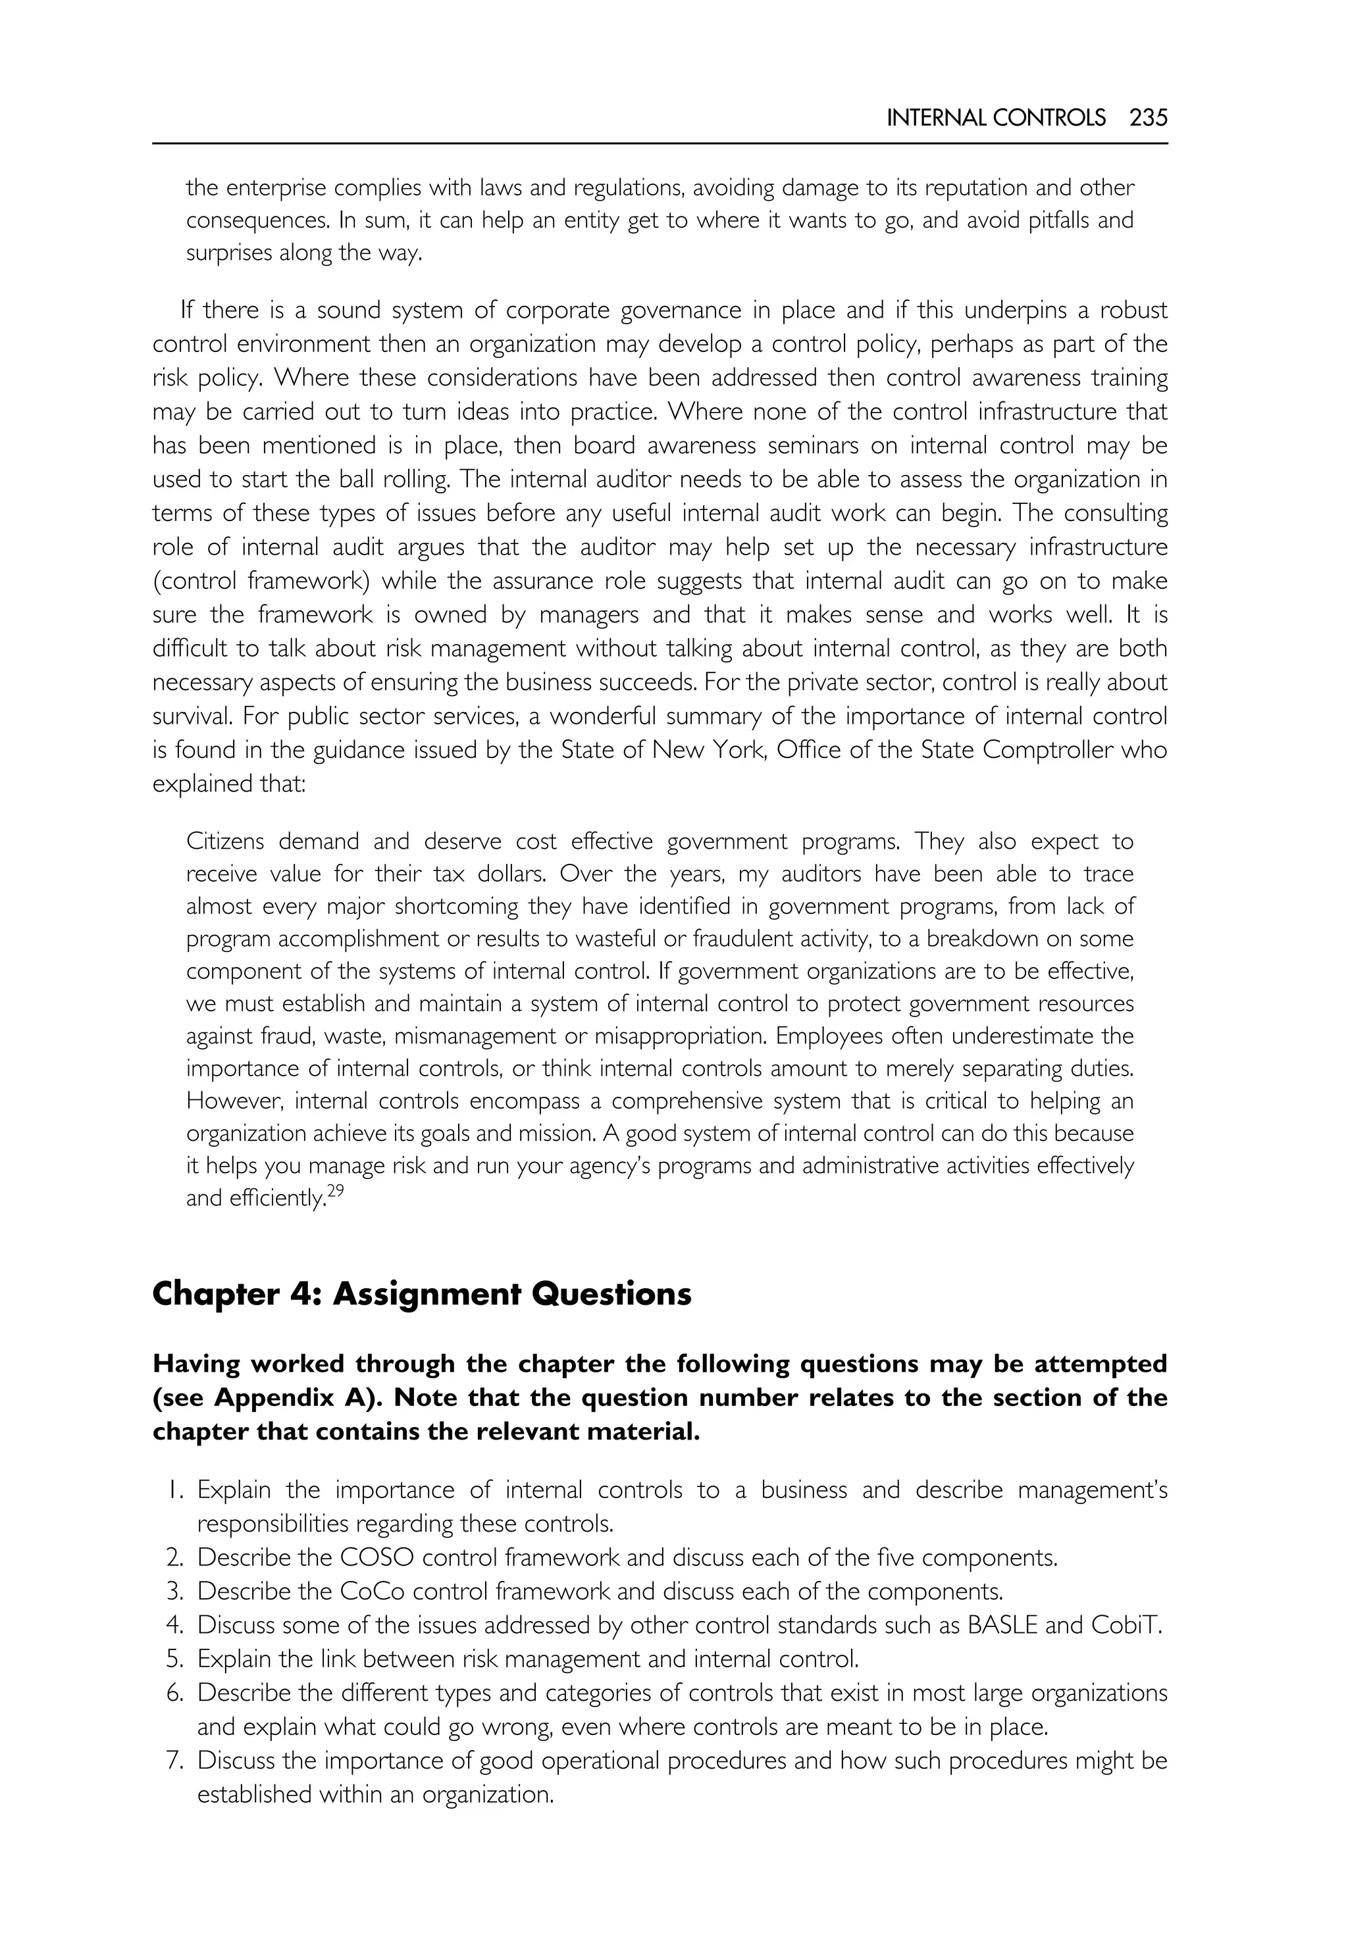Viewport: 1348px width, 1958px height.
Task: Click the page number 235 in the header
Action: click(x=1148, y=118)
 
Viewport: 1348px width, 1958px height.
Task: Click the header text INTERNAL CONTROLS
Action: click(x=996, y=118)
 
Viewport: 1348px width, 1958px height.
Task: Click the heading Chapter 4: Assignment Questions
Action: click(x=421, y=1294)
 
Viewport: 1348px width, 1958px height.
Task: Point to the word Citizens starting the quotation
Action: click(x=224, y=841)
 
